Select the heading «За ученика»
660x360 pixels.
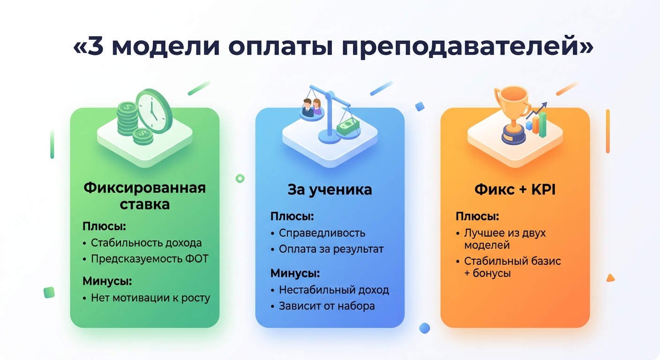[x=330, y=189]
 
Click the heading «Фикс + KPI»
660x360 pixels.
[x=515, y=189]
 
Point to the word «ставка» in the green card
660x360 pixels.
[x=144, y=205]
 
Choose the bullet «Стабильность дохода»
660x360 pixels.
[x=146, y=243]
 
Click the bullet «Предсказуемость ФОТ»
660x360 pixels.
[x=150, y=259]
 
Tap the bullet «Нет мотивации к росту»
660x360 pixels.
[x=150, y=298]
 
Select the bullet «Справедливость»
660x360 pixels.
[x=322, y=233]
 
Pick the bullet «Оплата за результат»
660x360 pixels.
[x=331, y=249]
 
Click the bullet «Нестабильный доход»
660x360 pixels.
[x=334, y=290]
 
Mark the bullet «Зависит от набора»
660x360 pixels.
[x=327, y=306]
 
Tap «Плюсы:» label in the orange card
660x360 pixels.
[x=477, y=217]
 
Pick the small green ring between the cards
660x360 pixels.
[x=240, y=178]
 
